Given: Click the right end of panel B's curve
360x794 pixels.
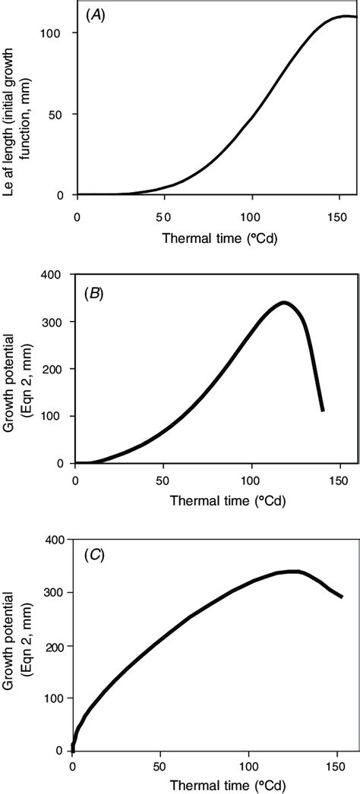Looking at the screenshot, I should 323,410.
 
